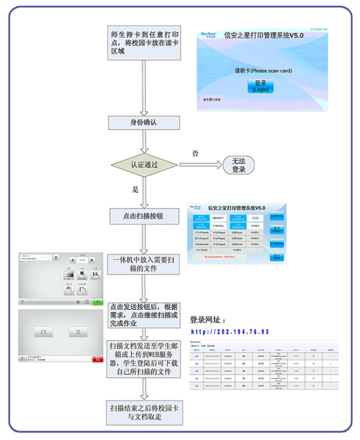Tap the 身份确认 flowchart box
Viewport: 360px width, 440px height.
pos(143,123)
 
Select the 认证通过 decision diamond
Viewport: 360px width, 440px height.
pos(144,165)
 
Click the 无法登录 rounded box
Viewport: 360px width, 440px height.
pos(239,165)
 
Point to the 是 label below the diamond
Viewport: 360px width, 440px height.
pos(135,190)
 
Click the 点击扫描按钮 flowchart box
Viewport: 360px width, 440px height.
pos(143,216)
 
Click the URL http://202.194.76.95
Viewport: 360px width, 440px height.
pos(229,332)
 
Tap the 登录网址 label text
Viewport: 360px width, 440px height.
pos(208,320)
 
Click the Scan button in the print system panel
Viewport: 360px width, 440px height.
pos(276,243)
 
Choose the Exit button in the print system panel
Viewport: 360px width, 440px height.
pos(276,257)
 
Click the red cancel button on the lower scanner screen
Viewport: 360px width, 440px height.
pos(98,360)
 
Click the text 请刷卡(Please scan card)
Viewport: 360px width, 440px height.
pos(263,70)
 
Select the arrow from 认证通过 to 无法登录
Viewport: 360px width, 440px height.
pos(199,165)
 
